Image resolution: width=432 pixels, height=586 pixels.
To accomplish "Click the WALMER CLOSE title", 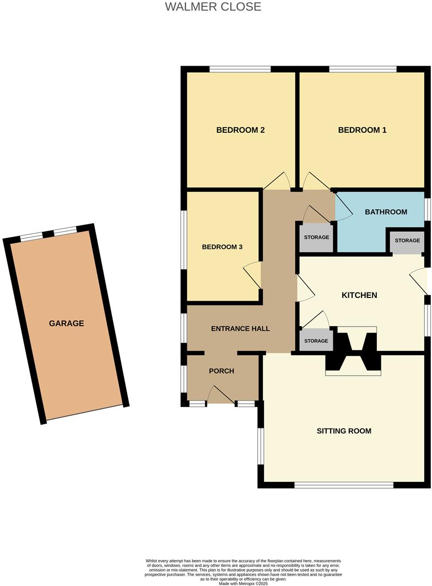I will coord(213,7).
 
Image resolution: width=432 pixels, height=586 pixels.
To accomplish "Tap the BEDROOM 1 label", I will coord(362,131).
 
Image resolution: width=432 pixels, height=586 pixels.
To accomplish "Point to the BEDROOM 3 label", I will coord(222,247).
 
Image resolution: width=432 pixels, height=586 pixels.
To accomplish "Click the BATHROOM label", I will coord(386,212).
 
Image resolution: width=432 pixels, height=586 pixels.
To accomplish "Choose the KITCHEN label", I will coord(359,295).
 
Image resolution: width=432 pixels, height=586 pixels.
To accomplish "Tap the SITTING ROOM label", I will coord(344,431).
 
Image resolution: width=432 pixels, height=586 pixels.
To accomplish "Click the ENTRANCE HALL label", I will coord(241,329).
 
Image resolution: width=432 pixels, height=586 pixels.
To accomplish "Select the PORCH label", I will coord(222,371).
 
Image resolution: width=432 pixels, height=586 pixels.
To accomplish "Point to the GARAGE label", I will coord(67,323).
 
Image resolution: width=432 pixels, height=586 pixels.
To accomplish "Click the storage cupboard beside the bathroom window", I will coord(407,241).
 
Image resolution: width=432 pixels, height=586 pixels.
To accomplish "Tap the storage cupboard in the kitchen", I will coord(316,341).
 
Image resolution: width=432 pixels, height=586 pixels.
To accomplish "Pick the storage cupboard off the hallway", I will coord(316,237).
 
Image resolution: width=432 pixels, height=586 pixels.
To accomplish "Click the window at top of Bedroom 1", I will coord(363,69).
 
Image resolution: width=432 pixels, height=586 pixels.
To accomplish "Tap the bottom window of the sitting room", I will coord(344,485).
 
